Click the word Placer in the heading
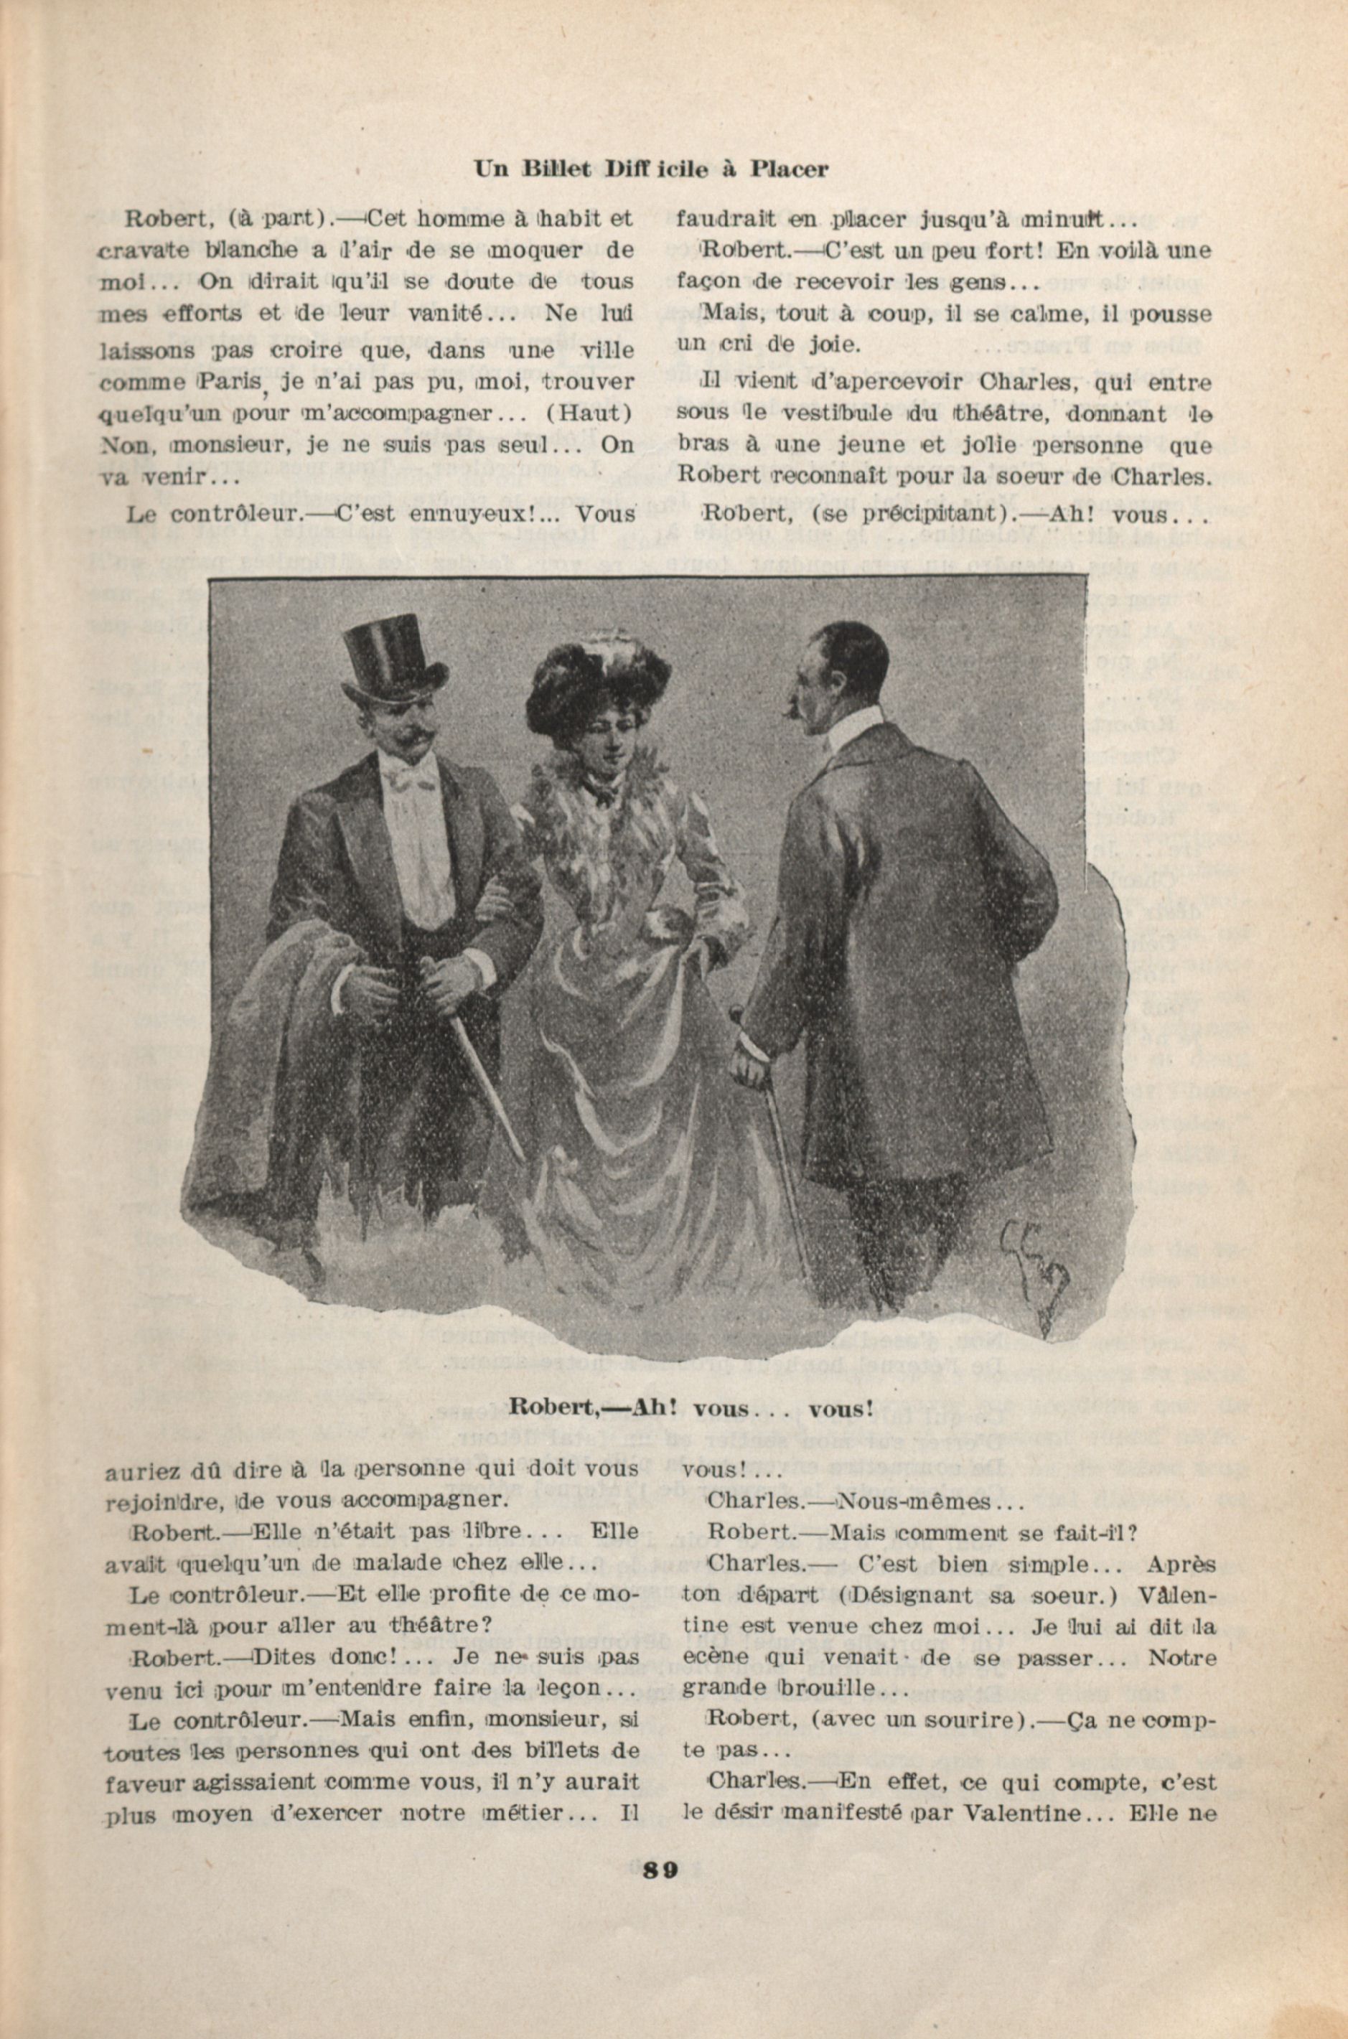(x=788, y=169)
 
